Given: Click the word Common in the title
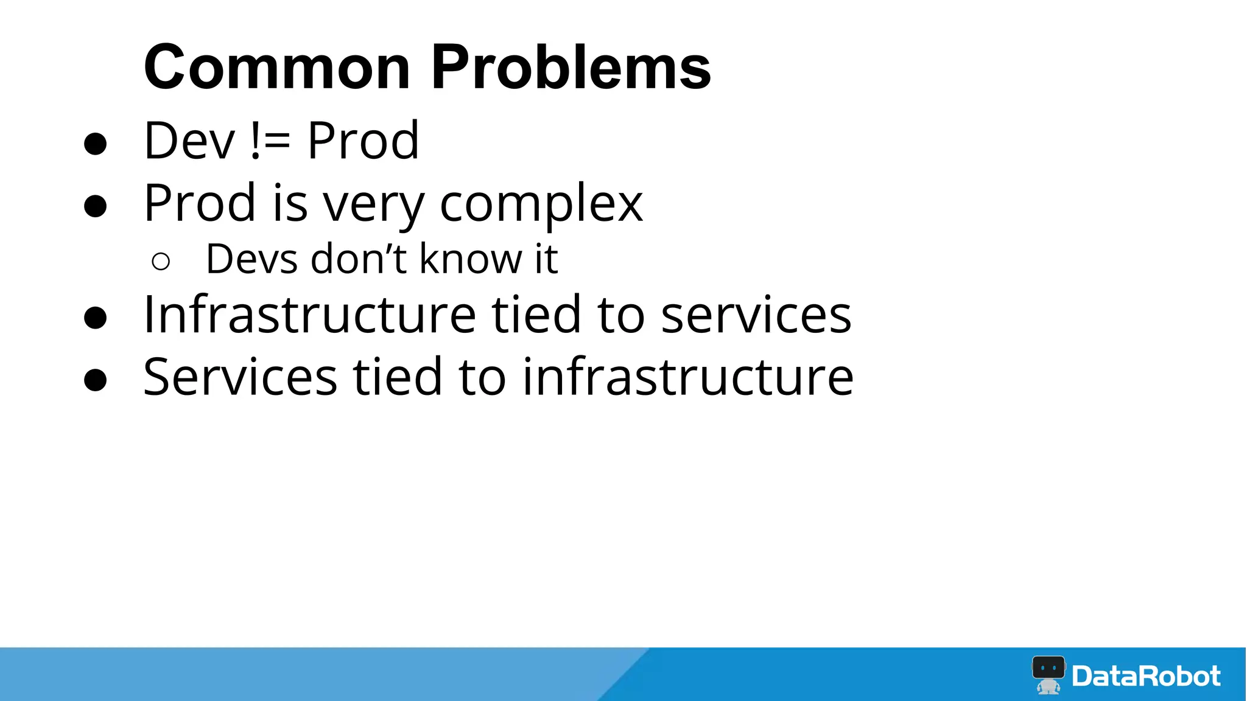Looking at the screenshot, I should click(x=277, y=67).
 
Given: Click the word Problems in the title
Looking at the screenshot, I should click(x=571, y=67).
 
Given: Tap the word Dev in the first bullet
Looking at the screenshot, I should click(x=189, y=141).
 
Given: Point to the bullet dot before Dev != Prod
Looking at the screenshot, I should click(x=96, y=144).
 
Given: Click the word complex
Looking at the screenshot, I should click(x=541, y=204).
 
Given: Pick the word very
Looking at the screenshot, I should click(x=373, y=205).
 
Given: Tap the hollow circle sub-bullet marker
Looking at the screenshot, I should click(x=161, y=262).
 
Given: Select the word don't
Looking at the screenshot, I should click(x=359, y=259).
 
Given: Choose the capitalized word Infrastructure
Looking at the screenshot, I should click(x=309, y=315).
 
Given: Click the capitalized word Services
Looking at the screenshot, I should click(x=240, y=377).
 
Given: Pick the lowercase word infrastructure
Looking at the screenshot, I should click(x=688, y=377).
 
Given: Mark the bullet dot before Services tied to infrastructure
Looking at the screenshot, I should click(x=96, y=380).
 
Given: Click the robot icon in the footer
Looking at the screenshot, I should click(x=1049, y=674).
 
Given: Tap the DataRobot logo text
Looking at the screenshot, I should click(x=1146, y=676).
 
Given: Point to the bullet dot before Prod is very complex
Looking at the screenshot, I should click(x=96, y=206).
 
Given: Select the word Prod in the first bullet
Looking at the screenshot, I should click(x=363, y=141).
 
